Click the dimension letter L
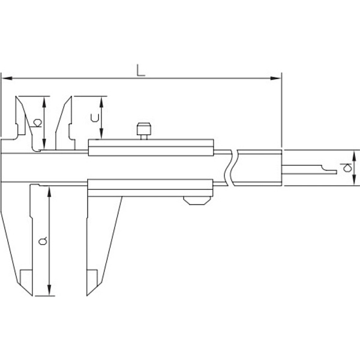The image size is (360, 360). pos(141,70)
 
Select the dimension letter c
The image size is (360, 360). pos(95,118)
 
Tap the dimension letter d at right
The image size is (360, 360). pos(346,167)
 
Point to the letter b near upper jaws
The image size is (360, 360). pos(37,123)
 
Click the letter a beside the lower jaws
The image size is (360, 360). pos(43,241)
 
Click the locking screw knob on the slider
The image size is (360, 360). pos(144,131)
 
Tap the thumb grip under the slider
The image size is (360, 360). pos(197,200)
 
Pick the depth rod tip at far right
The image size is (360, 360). pos(336,172)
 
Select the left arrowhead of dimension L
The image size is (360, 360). pos(7,78)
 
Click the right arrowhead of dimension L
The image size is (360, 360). pos(275,78)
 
